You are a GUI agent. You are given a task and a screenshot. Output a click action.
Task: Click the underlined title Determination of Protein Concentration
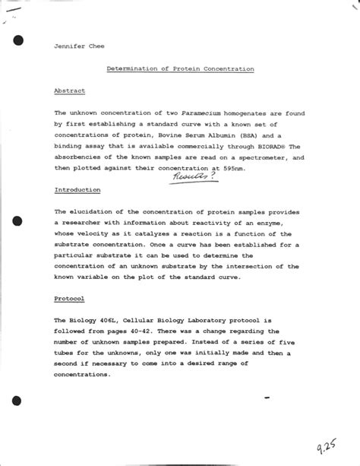point(179,69)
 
